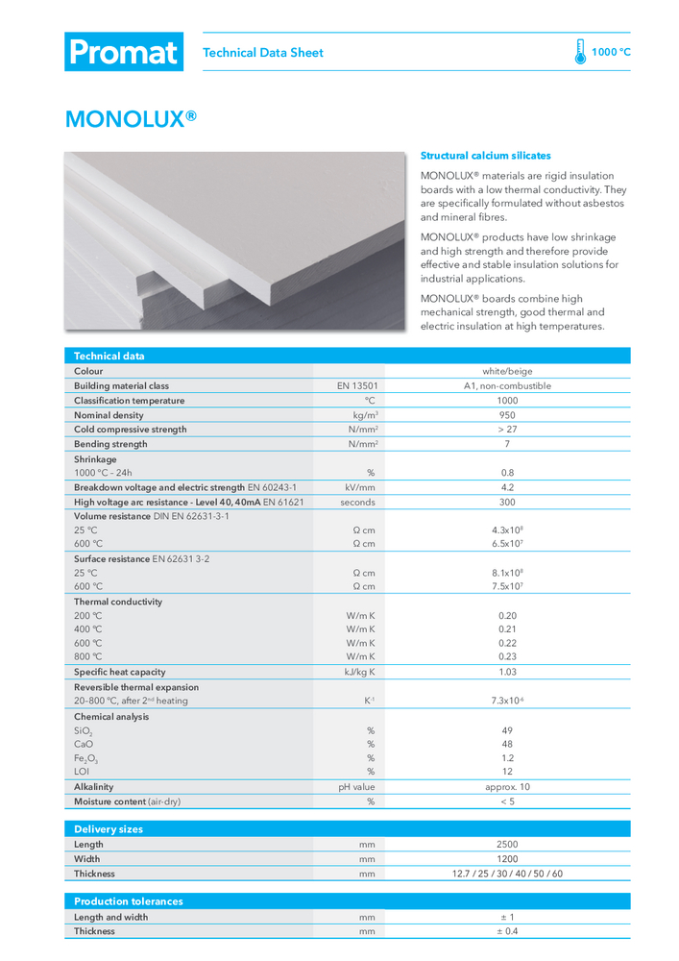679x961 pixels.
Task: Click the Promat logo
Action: pos(123,52)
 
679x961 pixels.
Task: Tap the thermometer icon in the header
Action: pos(580,52)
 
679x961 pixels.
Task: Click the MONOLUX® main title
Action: pos(131,118)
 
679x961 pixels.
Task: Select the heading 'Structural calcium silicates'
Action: pos(486,155)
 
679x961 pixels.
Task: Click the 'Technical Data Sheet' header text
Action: pos(263,53)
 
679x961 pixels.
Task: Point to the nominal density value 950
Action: pos(507,415)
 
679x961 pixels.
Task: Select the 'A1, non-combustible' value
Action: pos(507,386)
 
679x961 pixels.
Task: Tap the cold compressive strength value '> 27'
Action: pos(507,430)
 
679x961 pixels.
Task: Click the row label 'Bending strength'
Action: pos(111,444)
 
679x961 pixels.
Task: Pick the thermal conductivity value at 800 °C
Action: pos(507,656)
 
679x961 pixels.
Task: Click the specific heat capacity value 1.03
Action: pos(507,672)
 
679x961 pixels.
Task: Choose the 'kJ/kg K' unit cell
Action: pos(360,672)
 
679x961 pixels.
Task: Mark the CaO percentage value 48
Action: pos(507,744)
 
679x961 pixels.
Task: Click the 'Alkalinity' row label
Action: pos(94,787)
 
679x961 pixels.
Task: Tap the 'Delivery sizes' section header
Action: pos(109,829)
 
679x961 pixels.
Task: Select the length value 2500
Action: pos(507,845)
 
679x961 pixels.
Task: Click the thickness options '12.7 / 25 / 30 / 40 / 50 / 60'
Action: pos(507,874)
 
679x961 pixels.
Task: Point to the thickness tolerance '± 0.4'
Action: pos(507,931)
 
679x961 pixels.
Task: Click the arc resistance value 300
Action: pos(507,502)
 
